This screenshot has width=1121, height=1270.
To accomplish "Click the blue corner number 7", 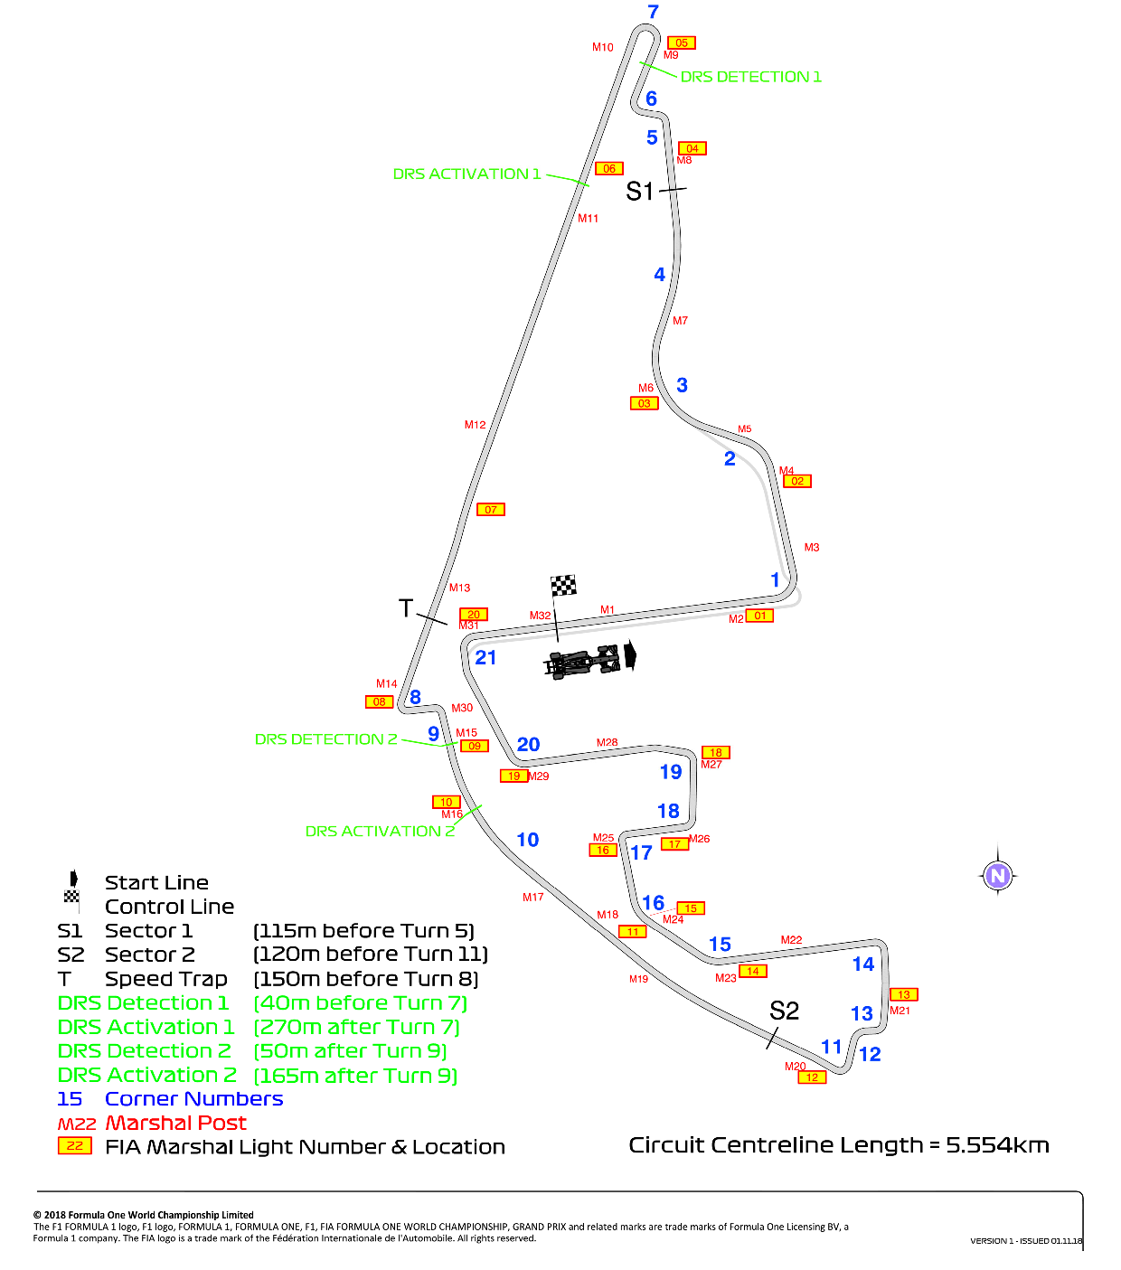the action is (653, 12).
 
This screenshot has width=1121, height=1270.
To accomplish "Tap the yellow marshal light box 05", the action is (682, 42).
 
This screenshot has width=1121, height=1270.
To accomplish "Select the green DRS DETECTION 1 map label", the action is (750, 77).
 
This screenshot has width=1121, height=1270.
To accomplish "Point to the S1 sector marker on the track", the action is (639, 192).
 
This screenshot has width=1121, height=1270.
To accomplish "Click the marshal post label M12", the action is (475, 424).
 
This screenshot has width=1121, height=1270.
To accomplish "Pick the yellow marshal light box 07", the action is (490, 510).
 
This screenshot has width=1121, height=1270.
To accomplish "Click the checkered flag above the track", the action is (563, 585).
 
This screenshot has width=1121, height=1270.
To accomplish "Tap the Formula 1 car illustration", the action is (582, 661).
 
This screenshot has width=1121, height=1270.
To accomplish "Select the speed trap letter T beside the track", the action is (406, 608).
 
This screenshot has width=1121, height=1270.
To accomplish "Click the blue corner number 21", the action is (485, 657).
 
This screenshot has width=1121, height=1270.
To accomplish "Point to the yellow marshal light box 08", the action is (380, 701).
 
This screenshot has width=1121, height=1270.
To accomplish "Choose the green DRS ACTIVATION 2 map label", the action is (380, 832).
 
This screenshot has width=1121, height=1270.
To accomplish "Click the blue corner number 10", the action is (527, 840).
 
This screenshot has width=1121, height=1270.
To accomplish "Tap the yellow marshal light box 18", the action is (715, 752).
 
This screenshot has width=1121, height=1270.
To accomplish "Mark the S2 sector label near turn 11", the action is (784, 1011).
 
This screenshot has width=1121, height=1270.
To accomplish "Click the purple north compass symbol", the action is (997, 875).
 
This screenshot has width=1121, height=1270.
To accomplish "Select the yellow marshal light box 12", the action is (812, 1077).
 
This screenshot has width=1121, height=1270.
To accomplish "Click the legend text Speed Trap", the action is (165, 979).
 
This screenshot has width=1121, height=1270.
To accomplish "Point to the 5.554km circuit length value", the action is (997, 1145).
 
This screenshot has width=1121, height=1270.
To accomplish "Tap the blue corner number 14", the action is (862, 964).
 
